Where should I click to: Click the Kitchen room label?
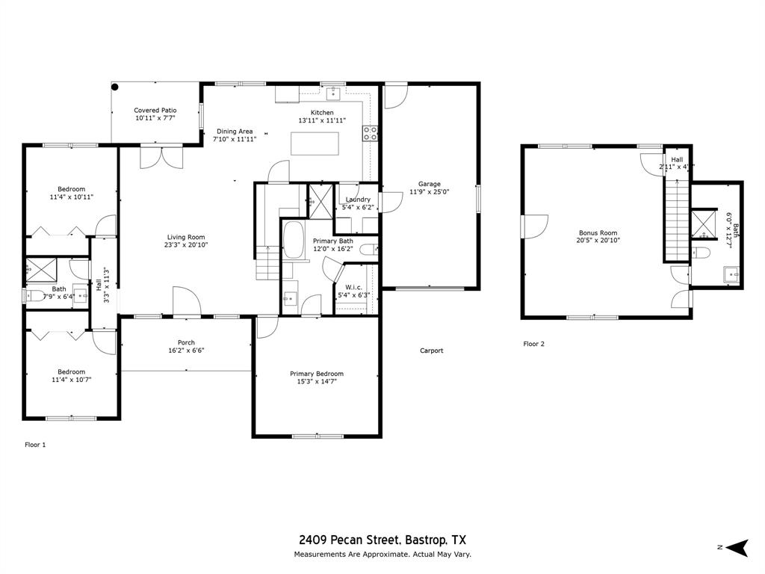coord(322,113)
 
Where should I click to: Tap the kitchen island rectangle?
coord(315,143)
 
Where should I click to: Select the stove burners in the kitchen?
coord(370,134)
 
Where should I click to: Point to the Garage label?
coord(429,184)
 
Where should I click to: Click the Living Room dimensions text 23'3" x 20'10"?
coord(186,245)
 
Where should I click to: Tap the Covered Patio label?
coord(155,111)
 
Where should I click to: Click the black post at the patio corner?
coord(115,87)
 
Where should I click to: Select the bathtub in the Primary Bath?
coord(294,240)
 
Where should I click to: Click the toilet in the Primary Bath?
coord(368,249)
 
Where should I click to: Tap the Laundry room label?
coord(358,200)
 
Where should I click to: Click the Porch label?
coord(186,343)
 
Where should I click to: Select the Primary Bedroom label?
coord(317,374)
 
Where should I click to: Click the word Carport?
coord(432,351)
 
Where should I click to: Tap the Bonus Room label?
coord(598,232)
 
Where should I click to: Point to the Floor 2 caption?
coord(533,345)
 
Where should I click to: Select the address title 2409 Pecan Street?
coord(350,540)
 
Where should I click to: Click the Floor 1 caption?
coord(35,445)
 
